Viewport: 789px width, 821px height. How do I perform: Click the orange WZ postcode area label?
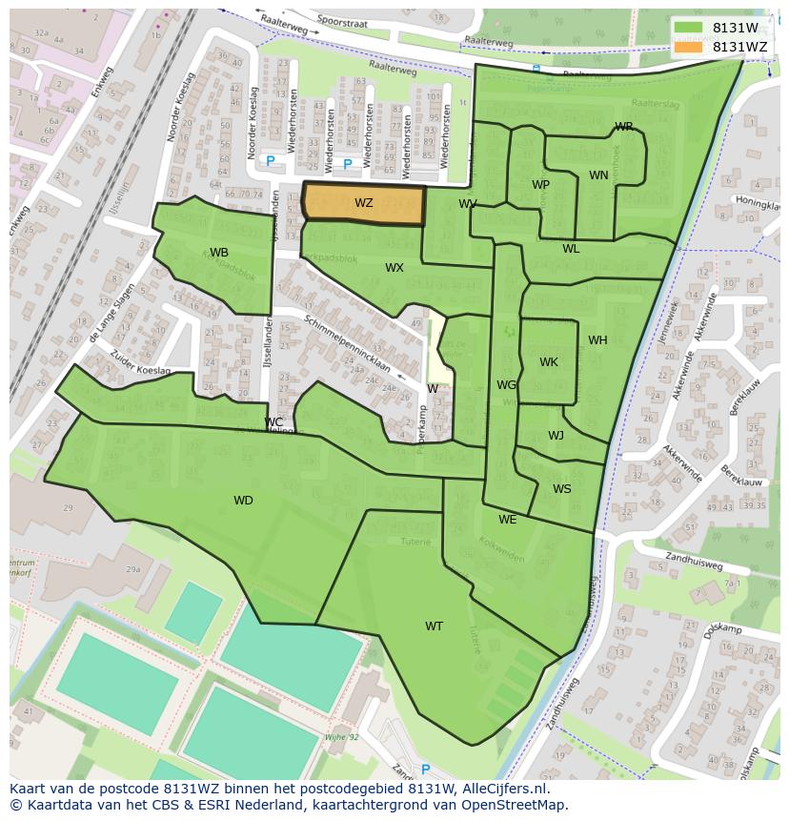pyautogui.click(x=363, y=203)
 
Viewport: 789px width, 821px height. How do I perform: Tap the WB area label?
pyautogui.click(x=218, y=253)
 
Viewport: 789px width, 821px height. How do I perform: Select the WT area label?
pyautogui.click(x=434, y=626)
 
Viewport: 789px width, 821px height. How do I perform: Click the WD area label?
pyautogui.click(x=243, y=501)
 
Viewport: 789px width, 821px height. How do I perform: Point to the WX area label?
pyautogui.click(x=394, y=268)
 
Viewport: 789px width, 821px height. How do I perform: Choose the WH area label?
pyautogui.click(x=597, y=340)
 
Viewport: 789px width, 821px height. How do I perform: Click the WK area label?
pyautogui.click(x=549, y=362)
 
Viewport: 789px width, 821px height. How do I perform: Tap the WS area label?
pyautogui.click(x=562, y=489)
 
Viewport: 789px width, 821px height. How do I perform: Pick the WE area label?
pyautogui.click(x=507, y=520)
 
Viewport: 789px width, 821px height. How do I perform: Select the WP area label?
pyautogui.click(x=540, y=185)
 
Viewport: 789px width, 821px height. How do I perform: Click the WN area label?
pyautogui.click(x=598, y=175)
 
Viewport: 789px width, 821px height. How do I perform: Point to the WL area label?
pyautogui.click(x=570, y=249)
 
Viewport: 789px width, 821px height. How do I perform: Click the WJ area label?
pyautogui.click(x=556, y=436)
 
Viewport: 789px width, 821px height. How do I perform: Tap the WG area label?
pyautogui.click(x=505, y=385)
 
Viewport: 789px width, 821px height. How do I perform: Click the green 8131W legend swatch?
pyautogui.click(x=688, y=28)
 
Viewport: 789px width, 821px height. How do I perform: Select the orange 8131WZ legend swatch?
pyautogui.click(x=688, y=47)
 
